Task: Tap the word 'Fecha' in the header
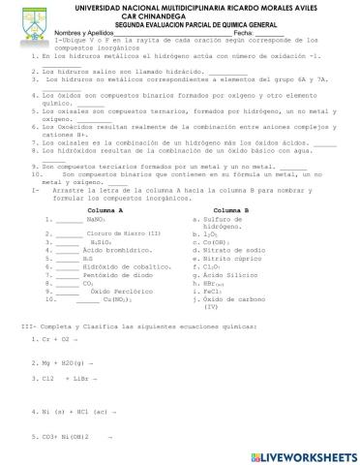tap(235, 33)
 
